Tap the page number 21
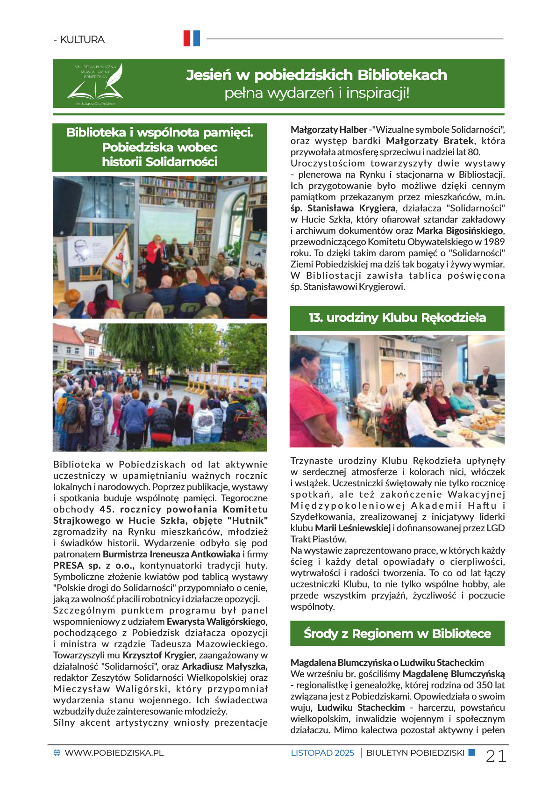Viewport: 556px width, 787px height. [x=496, y=756]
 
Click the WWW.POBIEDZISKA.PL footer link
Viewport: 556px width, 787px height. [x=114, y=753]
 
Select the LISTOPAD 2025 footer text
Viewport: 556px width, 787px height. [x=322, y=753]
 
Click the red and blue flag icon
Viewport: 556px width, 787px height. [x=192, y=38]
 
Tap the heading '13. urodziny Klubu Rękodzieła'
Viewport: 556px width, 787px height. [x=397, y=318]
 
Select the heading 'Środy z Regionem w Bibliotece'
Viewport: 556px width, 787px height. [x=397, y=634]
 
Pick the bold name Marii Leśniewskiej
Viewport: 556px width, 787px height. [x=353, y=528]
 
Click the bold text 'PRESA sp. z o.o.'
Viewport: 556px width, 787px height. [x=93, y=565]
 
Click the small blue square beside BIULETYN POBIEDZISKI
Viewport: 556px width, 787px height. [x=471, y=752]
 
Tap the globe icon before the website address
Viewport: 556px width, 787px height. [x=57, y=753]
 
